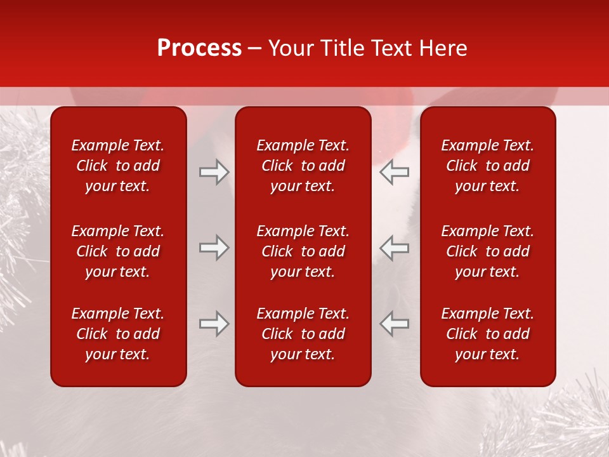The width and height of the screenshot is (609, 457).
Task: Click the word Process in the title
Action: (199, 48)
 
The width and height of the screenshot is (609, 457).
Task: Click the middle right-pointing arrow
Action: (214, 248)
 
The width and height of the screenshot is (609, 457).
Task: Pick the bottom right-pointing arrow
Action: (214, 324)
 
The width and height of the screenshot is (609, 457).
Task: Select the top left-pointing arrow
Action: (394, 171)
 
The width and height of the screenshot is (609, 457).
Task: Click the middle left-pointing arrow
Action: (394, 248)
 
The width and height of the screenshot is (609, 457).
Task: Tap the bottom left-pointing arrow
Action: (394, 324)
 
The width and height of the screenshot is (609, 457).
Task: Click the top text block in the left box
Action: (118, 166)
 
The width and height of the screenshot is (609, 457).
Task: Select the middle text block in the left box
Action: (118, 251)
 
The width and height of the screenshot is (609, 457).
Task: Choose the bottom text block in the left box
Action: (118, 334)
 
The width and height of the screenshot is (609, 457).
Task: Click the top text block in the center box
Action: (303, 166)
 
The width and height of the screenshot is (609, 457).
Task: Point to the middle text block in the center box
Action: (303, 251)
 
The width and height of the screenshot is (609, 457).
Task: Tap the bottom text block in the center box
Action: (303, 334)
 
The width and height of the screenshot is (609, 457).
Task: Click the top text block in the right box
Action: (487, 166)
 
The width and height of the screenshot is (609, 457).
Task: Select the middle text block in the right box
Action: (487, 251)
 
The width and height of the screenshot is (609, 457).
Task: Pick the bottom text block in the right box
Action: (487, 334)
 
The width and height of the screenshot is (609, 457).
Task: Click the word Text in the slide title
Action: (391, 48)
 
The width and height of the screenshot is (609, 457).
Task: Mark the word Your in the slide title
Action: (290, 48)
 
